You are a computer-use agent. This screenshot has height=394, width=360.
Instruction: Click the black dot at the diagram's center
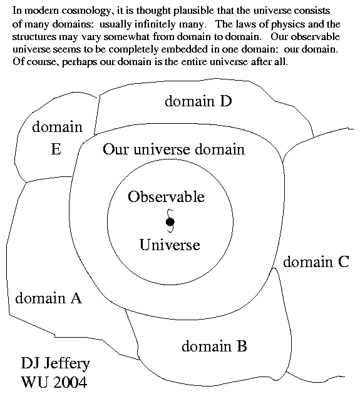170,222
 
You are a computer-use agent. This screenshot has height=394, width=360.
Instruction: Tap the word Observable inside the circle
166,196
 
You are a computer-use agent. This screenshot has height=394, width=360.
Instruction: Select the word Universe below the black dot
170,245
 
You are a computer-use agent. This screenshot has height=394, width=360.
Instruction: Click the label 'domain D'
198,101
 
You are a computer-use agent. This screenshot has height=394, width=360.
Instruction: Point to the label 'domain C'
316,262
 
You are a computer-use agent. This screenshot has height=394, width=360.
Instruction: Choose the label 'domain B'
214,346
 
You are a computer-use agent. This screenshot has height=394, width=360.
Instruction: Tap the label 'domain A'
49,298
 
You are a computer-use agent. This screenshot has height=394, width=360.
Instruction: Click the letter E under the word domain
56,149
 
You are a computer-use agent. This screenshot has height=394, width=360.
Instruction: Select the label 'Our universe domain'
173,149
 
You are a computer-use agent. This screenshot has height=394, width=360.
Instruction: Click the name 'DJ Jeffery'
55,363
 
